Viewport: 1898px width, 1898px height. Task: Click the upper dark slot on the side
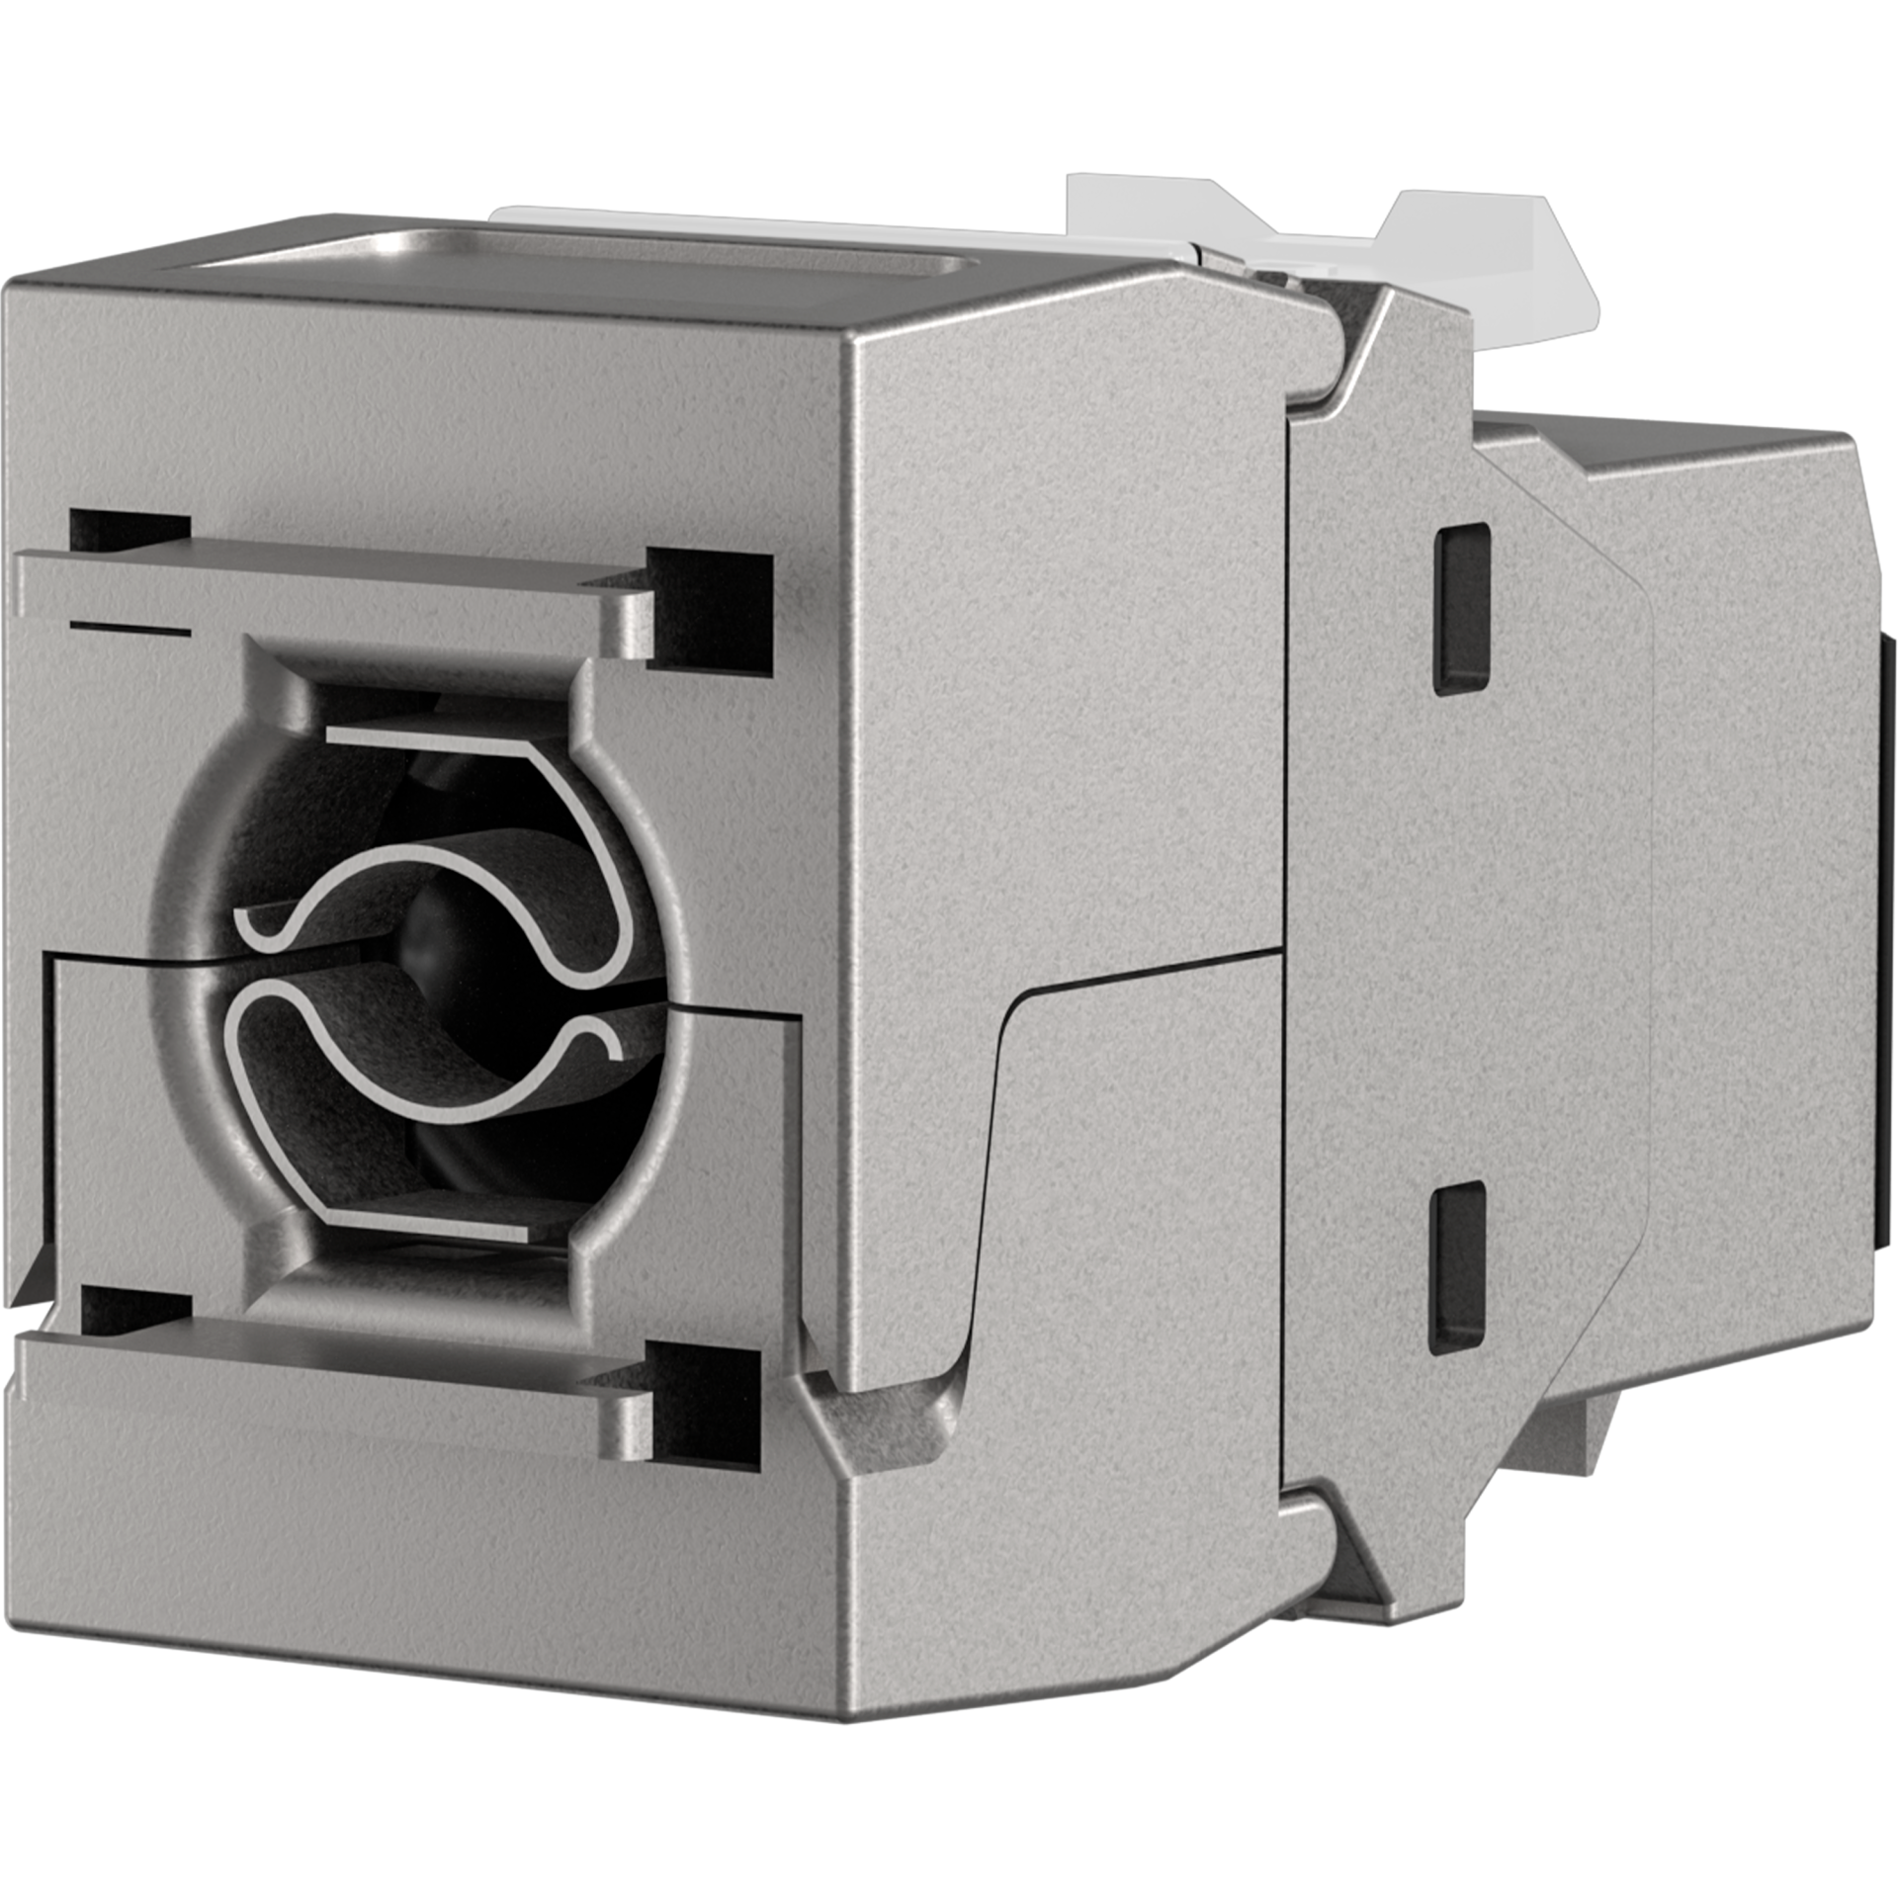(1462, 606)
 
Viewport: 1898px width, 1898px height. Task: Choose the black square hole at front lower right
(704, 1402)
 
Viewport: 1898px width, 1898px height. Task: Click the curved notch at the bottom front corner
(890, 1414)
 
